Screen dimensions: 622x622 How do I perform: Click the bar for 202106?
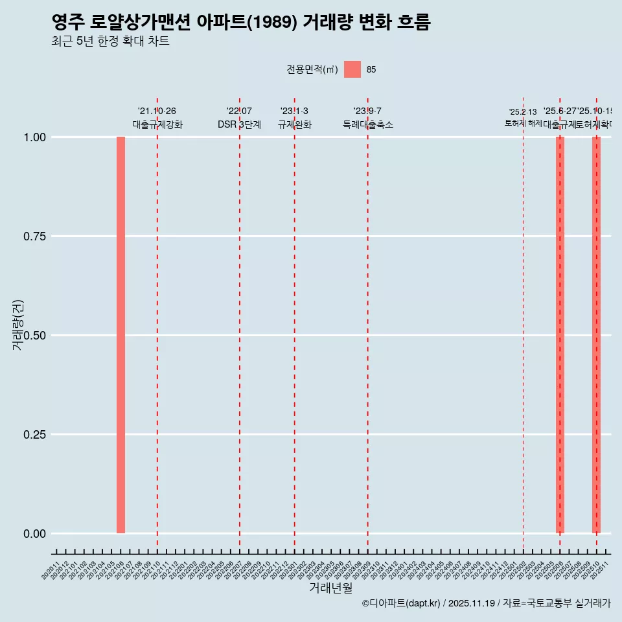click(121, 335)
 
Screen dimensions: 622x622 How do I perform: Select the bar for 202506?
click(560, 335)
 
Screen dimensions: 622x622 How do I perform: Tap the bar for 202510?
click(596, 335)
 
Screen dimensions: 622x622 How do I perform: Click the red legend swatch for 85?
click(352, 69)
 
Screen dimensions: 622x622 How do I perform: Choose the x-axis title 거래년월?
click(330, 588)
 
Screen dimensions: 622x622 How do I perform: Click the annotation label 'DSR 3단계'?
click(239, 124)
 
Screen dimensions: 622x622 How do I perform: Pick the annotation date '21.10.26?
click(157, 111)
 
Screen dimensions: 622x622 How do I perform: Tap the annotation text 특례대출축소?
click(368, 124)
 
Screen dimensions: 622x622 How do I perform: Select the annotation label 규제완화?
click(295, 124)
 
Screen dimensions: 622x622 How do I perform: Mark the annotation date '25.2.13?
click(523, 112)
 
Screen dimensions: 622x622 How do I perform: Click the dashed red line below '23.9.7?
click(368, 324)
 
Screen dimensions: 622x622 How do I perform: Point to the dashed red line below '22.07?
click(240, 324)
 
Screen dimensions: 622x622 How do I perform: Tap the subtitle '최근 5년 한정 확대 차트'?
click(110, 41)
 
